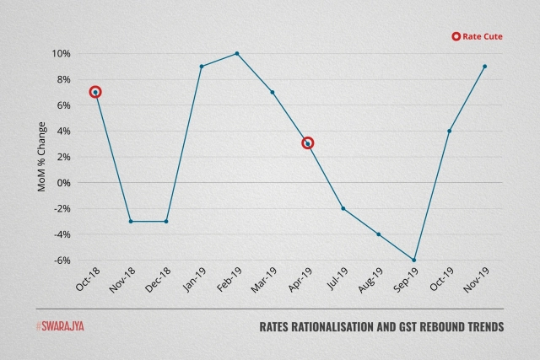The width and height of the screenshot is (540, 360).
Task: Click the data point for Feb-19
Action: (237, 53)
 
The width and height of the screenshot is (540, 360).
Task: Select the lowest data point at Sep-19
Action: (414, 260)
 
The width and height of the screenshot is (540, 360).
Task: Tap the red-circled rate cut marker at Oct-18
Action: (95, 92)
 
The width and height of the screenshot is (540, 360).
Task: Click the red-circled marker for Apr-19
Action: (308, 143)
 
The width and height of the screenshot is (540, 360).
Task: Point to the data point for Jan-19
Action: (202, 66)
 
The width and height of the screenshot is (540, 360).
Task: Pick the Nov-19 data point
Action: (485, 66)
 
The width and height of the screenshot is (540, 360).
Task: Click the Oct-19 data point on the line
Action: (450, 131)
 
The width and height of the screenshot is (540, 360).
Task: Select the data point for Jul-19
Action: (343, 208)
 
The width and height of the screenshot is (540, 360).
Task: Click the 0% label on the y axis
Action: (63, 182)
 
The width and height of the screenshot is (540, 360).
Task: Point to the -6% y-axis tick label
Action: (61, 260)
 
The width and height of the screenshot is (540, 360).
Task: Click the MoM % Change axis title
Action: (42, 157)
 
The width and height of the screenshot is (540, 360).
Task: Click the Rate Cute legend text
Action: (483, 36)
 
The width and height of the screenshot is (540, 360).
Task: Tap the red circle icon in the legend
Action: (456, 36)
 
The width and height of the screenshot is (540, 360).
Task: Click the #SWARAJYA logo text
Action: (60, 325)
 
